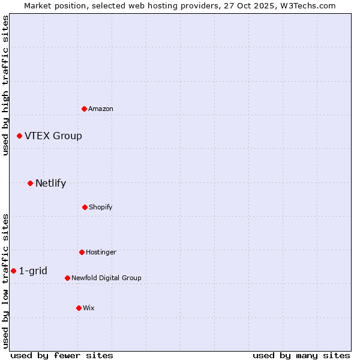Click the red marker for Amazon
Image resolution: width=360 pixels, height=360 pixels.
tap(84, 109)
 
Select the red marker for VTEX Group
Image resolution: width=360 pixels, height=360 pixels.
tap(20, 136)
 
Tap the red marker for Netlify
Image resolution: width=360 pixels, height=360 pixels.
tap(30, 183)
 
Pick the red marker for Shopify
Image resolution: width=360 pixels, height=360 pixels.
tap(85, 207)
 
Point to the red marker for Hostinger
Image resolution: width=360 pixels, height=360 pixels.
tap(82, 252)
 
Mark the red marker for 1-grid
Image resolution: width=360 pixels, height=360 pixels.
tap(13, 271)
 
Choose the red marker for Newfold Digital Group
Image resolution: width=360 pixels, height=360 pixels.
tap(67, 278)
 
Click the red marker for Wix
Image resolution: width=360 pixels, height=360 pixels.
tap(79, 308)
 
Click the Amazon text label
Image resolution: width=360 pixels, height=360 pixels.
tap(101, 109)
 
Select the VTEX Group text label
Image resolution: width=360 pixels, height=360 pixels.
tap(53, 136)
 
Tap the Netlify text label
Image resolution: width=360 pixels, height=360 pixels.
tap(50, 184)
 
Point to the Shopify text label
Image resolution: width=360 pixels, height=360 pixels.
tap(101, 208)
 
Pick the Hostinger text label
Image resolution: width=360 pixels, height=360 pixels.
tap(101, 253)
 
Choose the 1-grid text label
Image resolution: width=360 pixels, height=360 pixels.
tap(33, 271)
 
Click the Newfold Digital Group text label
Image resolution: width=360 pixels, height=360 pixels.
tap(106, 278)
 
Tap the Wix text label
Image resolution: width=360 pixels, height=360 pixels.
tap(89, 308)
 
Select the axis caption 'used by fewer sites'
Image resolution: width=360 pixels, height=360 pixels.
tap(62, 355)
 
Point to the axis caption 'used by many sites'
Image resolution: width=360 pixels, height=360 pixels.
tap(301, 355)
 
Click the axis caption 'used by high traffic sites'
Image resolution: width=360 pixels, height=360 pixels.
tap(5, 85)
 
